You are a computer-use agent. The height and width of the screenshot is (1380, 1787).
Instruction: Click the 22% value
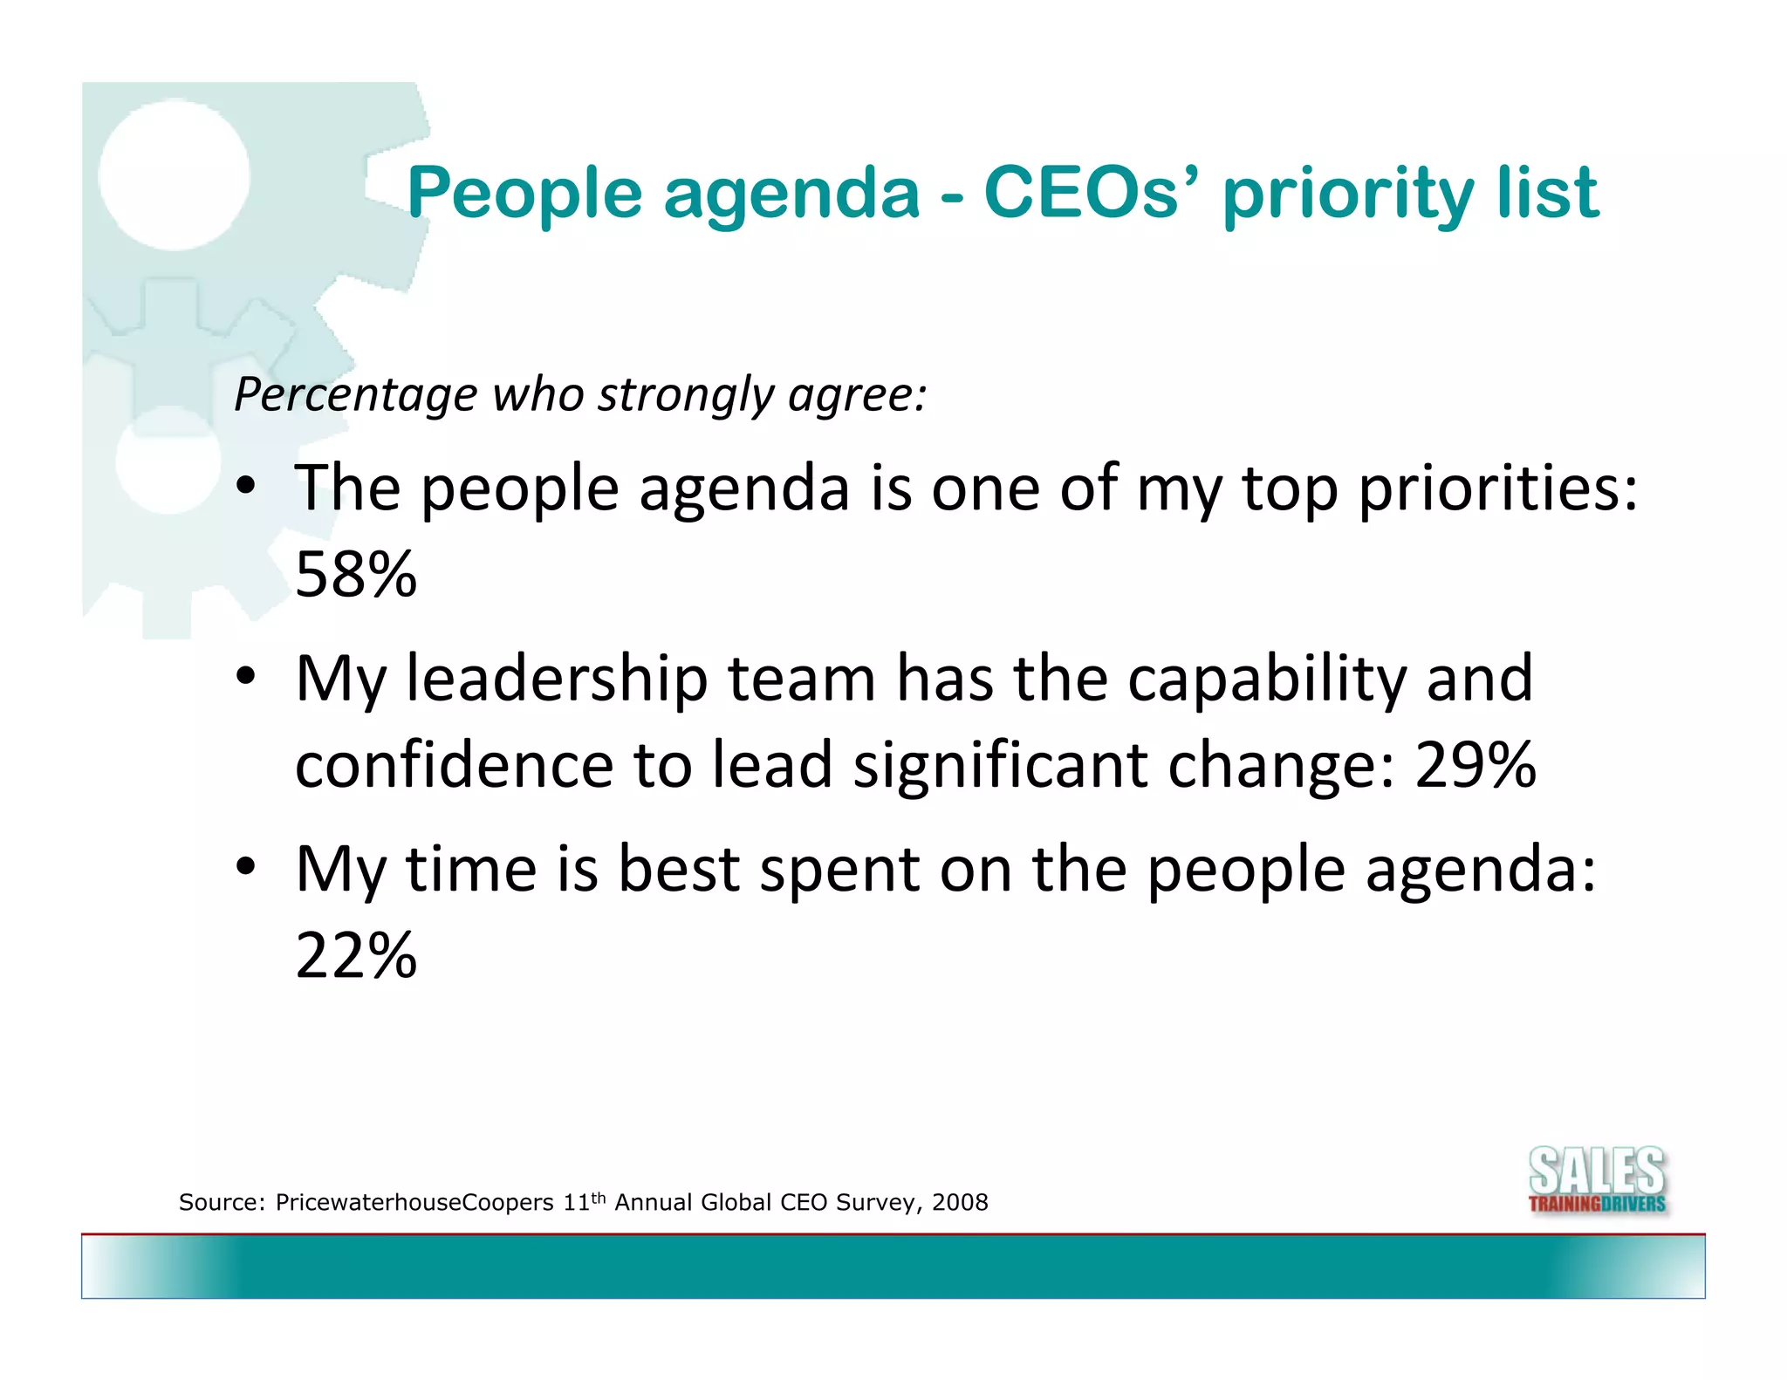(356, 956)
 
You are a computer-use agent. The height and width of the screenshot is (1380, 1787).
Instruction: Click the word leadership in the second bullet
(557, 679)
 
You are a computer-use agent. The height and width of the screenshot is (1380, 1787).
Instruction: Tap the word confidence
(455, 765)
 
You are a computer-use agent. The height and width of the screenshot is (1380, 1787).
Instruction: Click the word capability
(1266, 679)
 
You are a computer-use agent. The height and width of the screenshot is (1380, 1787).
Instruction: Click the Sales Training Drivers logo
(1597, 1180)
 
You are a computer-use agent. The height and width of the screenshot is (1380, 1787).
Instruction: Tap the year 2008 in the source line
(960, 1203)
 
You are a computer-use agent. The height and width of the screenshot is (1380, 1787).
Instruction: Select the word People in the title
(524, 194)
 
